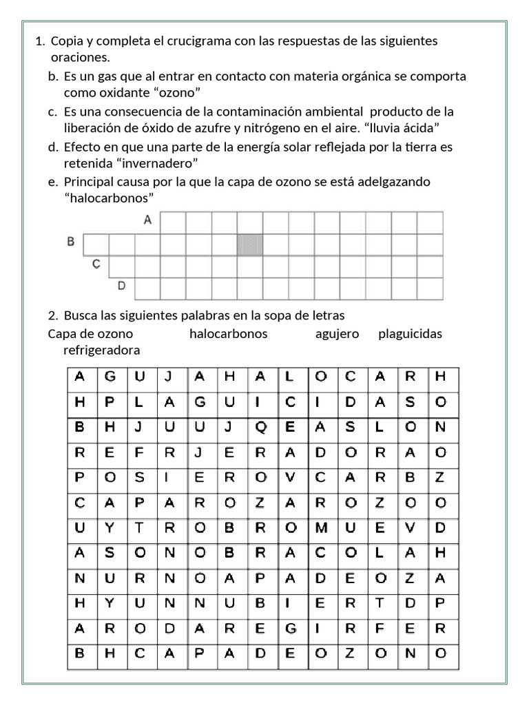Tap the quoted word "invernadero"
tap(161, 163)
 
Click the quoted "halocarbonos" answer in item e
tap(109, 198)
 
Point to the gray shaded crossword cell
tap(250, 244)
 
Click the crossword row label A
tap(147, 221)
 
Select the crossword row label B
tap(70, 242)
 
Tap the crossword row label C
tap(96, 264)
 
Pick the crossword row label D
tap(122, 285)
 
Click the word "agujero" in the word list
tap(338, 334)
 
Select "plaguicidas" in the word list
tap(410, 334)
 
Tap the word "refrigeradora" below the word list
tap(101, 350)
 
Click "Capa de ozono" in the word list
tap(91, 334)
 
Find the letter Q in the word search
tap(260, 427)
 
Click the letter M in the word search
tap(320, 527)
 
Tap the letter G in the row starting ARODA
tap(290, 629)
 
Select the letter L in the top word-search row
tap(290, 376)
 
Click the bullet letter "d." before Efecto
tap(53, 147)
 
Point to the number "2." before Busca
tap(54, 316)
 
